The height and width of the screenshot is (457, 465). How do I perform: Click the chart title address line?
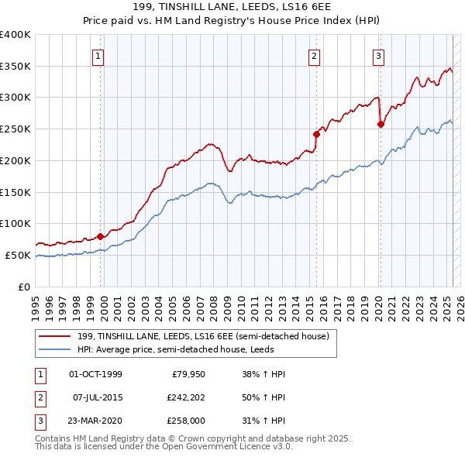pyautogui.click(x=232, y=8)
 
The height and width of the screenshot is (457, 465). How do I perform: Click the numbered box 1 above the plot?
pyautogui.click(x=99, y=55)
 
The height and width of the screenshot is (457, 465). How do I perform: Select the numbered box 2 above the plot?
pyautogui.click(x=314, y=55)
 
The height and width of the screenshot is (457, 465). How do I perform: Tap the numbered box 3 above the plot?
pyautogui.click(x=378, y=55)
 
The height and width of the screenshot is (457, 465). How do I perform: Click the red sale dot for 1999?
pyautogui.click(x=100, y=237)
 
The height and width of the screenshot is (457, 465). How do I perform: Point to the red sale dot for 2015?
pyautogui.click(x=316, y=134)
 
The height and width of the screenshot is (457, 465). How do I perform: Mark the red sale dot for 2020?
pyautogui.click(x=381, y=124)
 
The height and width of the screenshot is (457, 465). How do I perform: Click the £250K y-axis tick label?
pyautogui.click(x=15, y=129)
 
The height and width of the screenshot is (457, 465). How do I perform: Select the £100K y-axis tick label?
pyautogui.click(x=15, y=223)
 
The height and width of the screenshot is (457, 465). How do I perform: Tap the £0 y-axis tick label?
pyautogui.click(x=23, y=287)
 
